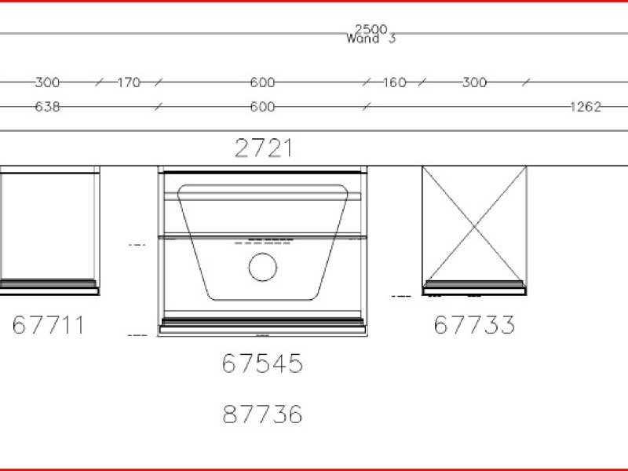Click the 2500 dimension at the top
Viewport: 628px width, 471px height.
[x=371, y=29]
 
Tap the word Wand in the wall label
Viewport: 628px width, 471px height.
[x=363, y=38]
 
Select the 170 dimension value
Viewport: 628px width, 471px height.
[x=129, y=83]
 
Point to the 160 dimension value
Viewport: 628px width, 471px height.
[x=395, y=82]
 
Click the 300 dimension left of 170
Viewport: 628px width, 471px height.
[x=47, y=82]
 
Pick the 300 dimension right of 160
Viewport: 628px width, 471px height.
[x=475, y=82]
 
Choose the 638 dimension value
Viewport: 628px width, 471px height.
[x=47, y=107]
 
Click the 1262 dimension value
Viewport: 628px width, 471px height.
[x=586, y=107]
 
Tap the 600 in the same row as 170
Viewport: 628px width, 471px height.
[x=262, y=82]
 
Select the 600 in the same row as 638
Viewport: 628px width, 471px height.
[x=262, y=107]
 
